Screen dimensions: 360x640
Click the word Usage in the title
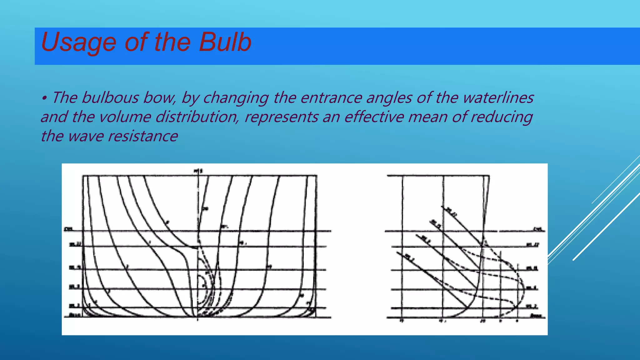tap(78, 42)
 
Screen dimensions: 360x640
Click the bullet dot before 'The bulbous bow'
tap(44, 98)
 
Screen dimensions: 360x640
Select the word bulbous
tap(110, 97)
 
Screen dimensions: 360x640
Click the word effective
tap(374, 117)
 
